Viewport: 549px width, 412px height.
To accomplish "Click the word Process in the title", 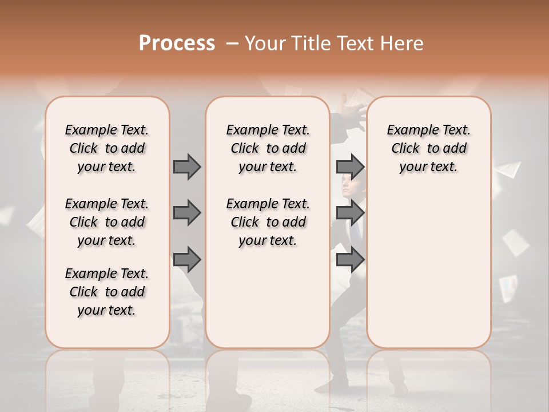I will (177, 43).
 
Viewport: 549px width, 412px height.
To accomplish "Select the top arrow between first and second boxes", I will (187, 167).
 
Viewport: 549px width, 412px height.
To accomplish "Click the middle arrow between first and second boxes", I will (187, 213).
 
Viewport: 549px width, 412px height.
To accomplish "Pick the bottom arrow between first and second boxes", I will (187, 259).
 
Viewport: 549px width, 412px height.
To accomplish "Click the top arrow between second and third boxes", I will (350, 167).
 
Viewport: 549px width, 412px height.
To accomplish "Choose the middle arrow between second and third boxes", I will (350, 213).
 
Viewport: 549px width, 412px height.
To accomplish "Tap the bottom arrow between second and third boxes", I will (350, 259).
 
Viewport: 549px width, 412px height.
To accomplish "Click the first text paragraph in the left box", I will (107, 148).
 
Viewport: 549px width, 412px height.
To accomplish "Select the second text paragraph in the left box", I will (107, 222).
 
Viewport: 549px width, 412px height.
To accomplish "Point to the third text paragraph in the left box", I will (107, 292).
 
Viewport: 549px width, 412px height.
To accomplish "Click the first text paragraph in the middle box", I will (268, 148).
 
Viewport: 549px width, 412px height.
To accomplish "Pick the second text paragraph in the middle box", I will (268, 222).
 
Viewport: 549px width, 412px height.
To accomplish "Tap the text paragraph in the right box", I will (429, 148).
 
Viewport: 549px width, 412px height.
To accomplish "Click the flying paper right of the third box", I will (508, 169).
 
